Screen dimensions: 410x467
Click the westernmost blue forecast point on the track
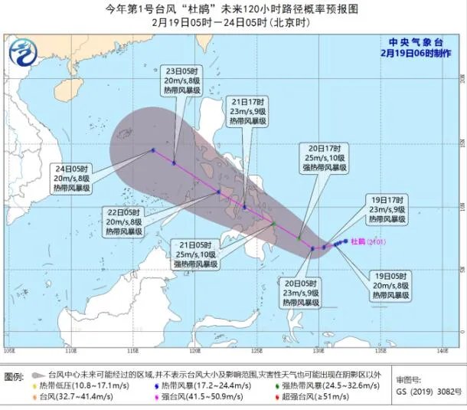(x=152, y=150)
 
